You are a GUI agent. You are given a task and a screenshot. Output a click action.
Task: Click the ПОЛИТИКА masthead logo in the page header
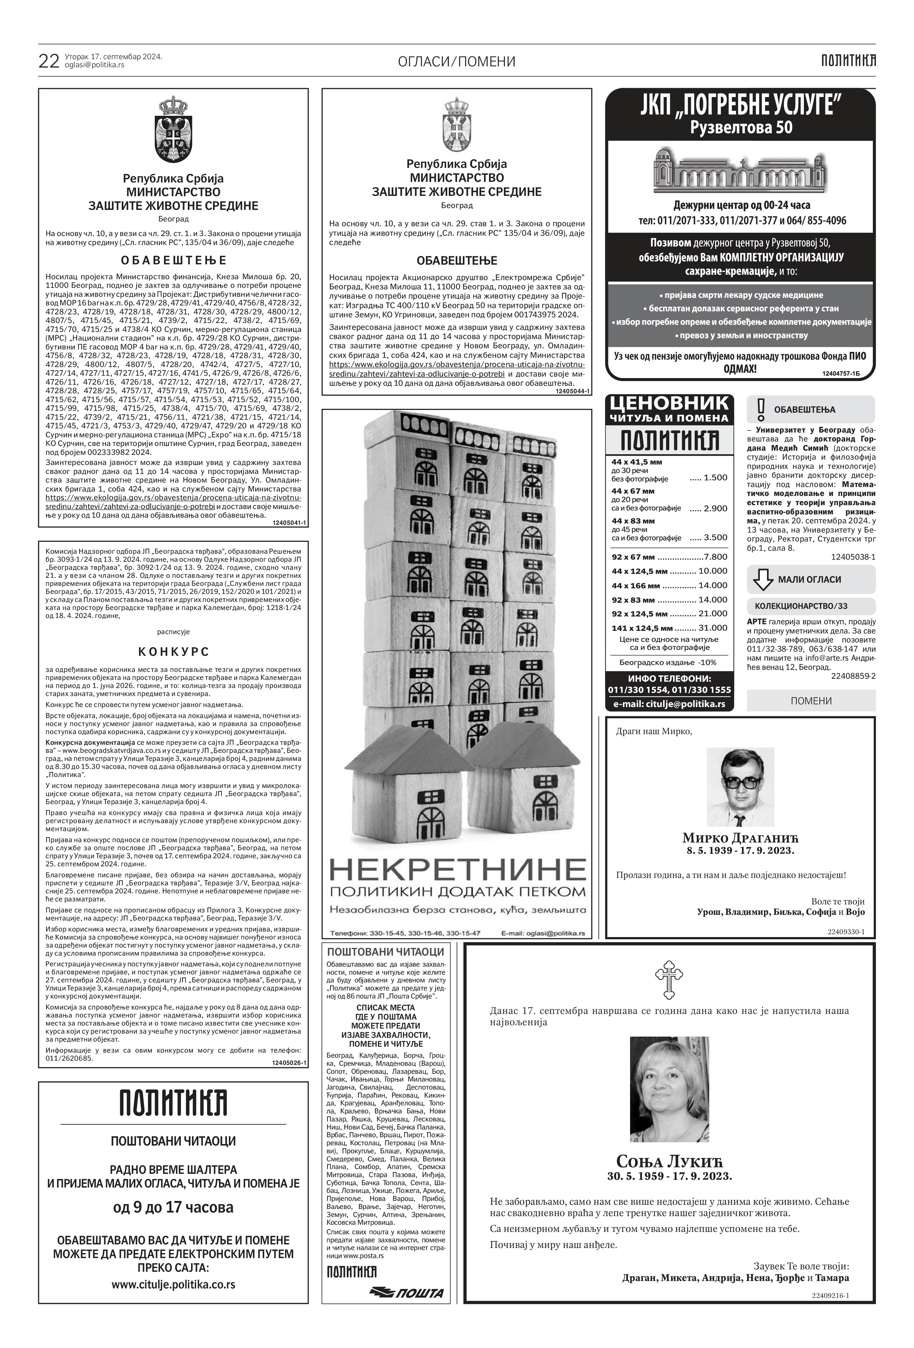pyautogui.click(x=848, y=60)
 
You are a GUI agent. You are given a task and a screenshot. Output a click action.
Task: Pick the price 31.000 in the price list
pyautogui.click(x=713, y=628)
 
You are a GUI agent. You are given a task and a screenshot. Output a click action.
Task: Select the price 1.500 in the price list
pyautogui.click(x=715, y=478)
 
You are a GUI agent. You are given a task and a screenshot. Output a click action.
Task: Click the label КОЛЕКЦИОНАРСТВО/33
pyautogui.click(x=801, y=606)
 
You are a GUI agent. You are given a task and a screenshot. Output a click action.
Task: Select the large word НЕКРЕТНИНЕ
pyautogui.click(x=457, y=870)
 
